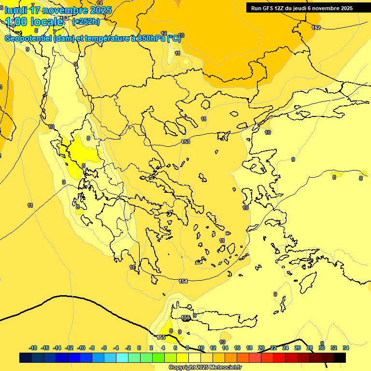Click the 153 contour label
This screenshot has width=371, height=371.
coord(185,142)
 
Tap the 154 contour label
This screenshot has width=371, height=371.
coord(183,281)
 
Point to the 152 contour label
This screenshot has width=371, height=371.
coord(316,28)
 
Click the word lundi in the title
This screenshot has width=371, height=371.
coord(16,10)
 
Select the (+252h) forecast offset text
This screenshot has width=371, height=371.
coord(86,22)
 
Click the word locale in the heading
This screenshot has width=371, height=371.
coord(46,22)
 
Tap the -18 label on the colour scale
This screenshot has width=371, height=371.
coord(33,348)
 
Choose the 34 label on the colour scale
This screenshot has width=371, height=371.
coord(346,348)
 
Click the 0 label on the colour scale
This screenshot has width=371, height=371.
coord(139,348)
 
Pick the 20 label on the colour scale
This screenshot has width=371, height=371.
coord(261,348)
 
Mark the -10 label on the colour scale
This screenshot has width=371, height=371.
coord(81,348)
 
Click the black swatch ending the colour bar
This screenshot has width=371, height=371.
coord(340,357)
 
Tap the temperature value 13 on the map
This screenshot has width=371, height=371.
coord(181,35)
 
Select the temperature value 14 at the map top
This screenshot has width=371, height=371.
coord(100,3)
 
